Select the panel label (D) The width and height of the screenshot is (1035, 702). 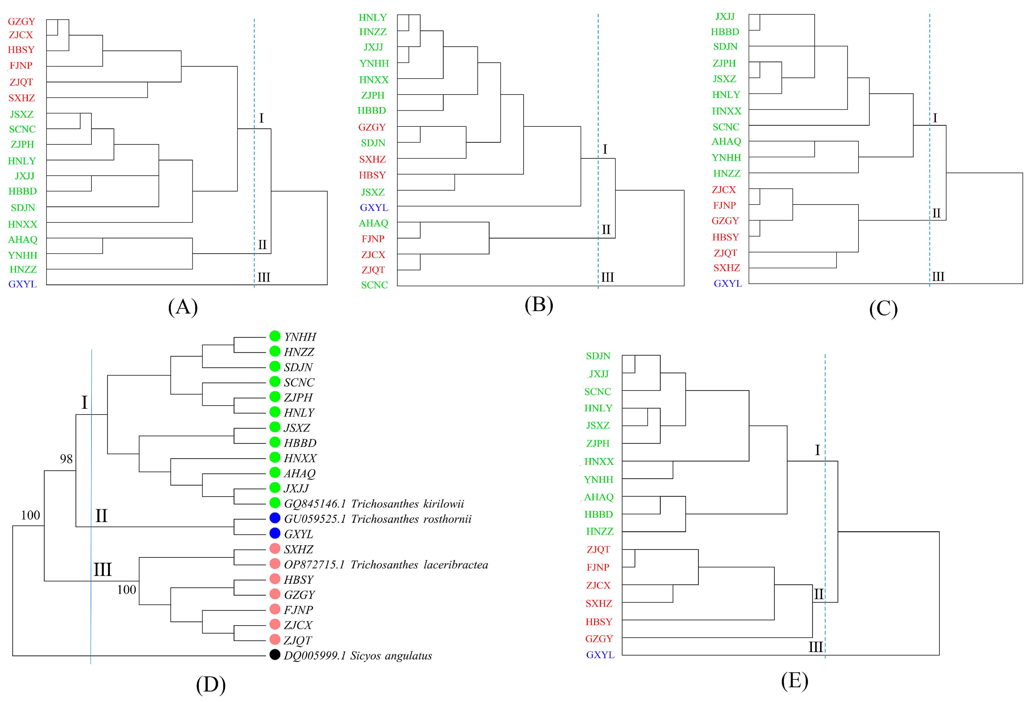(211, 685)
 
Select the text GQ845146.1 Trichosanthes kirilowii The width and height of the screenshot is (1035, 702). (374, 504)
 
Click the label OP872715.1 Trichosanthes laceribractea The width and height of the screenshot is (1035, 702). (386, 565)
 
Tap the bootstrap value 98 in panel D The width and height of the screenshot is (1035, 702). (66, 459)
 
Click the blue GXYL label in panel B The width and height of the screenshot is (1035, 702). (374, 207)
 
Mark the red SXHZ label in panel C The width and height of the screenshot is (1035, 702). (726, 268)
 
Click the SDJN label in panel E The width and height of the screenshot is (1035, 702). (598, 356)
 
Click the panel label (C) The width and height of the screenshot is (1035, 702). (883, 309)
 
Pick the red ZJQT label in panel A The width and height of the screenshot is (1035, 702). (21, 82)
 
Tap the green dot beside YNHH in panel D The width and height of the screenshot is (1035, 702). (275, 336)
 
